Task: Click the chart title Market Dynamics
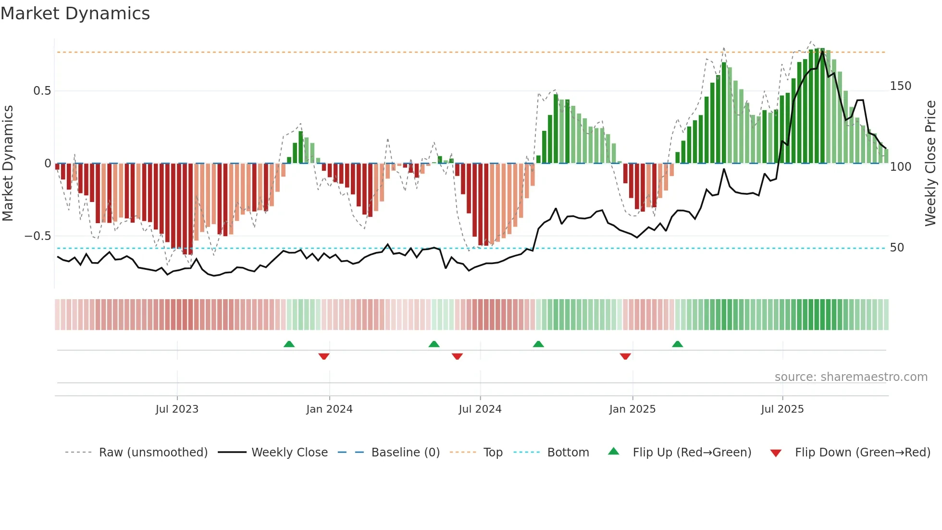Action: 75,13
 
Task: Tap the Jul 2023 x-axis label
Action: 177,409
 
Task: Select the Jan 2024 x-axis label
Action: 329,409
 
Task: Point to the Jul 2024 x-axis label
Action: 480,409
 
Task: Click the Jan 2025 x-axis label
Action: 632,409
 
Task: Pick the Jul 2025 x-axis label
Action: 782,409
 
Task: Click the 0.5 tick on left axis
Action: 42,91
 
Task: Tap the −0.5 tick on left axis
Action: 37,236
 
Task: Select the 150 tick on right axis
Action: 900,86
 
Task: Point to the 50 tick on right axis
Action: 897,248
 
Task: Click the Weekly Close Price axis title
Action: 930,164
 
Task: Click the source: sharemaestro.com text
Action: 851,377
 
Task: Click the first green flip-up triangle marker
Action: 289,344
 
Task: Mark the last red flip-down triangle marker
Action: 625,356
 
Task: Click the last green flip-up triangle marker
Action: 677,344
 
